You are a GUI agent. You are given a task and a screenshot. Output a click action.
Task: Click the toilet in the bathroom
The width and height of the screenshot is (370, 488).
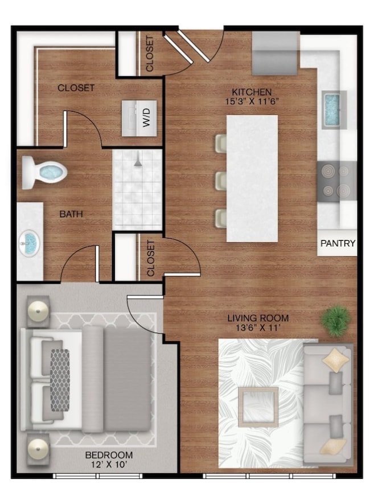point(44,172)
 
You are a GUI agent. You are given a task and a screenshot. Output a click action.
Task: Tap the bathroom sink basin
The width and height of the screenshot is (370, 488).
point(30,242)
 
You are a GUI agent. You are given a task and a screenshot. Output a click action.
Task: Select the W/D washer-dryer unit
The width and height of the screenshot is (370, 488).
point(139,118)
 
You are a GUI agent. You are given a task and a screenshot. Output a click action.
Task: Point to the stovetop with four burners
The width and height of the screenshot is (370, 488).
point(336,181)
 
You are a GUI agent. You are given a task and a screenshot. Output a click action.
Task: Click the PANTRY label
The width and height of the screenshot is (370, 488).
point(338,243)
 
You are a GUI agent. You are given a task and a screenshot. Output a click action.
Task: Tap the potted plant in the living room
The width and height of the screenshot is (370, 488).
point(335,321)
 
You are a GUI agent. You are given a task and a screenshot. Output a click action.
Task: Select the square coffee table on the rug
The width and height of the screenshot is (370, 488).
point(258,407)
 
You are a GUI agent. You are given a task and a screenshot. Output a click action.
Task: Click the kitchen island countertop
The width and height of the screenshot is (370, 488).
point(252,178)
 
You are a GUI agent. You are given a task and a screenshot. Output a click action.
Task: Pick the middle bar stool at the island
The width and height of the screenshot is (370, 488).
point(221,181)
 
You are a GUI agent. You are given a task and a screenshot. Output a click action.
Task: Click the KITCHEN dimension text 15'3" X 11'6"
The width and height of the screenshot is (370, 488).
point(252,101)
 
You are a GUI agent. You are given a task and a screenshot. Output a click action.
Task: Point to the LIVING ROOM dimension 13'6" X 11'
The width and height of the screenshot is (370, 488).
point(258,327)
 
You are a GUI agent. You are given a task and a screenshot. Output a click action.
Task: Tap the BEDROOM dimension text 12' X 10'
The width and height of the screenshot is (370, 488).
point(109,465)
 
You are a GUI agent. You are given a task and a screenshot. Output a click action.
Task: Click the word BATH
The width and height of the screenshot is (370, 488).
point(71,214)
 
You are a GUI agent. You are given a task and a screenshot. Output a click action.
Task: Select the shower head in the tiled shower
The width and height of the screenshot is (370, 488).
point(138,161)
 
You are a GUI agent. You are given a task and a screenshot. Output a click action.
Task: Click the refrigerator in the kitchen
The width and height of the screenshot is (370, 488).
point(275,53)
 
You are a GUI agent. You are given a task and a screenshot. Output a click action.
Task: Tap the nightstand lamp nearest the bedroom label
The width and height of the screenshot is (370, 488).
point(38,449)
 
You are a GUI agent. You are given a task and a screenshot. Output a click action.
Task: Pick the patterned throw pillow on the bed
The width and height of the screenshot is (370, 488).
point(60,380)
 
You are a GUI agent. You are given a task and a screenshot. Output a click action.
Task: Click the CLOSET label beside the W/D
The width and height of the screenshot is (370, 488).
point(76,88)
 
